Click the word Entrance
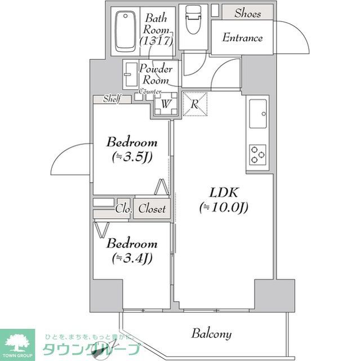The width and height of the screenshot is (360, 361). (242, 38)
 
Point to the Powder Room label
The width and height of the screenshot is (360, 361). (155, 74)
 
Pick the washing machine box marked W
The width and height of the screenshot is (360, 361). (166, 104)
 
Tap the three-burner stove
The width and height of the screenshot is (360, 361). (258, 154)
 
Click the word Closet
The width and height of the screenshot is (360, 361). (152, 209)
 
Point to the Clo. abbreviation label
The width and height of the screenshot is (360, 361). (123, 209)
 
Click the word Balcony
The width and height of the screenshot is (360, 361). (211, 333)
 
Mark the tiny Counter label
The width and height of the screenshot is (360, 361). (150, 91)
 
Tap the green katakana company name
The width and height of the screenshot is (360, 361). (90, 348)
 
